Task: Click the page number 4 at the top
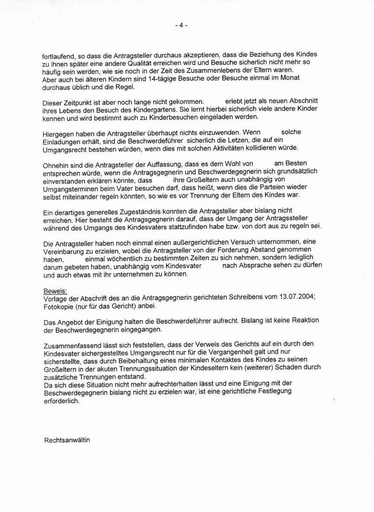pyautogui.click(x=181, y=25)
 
